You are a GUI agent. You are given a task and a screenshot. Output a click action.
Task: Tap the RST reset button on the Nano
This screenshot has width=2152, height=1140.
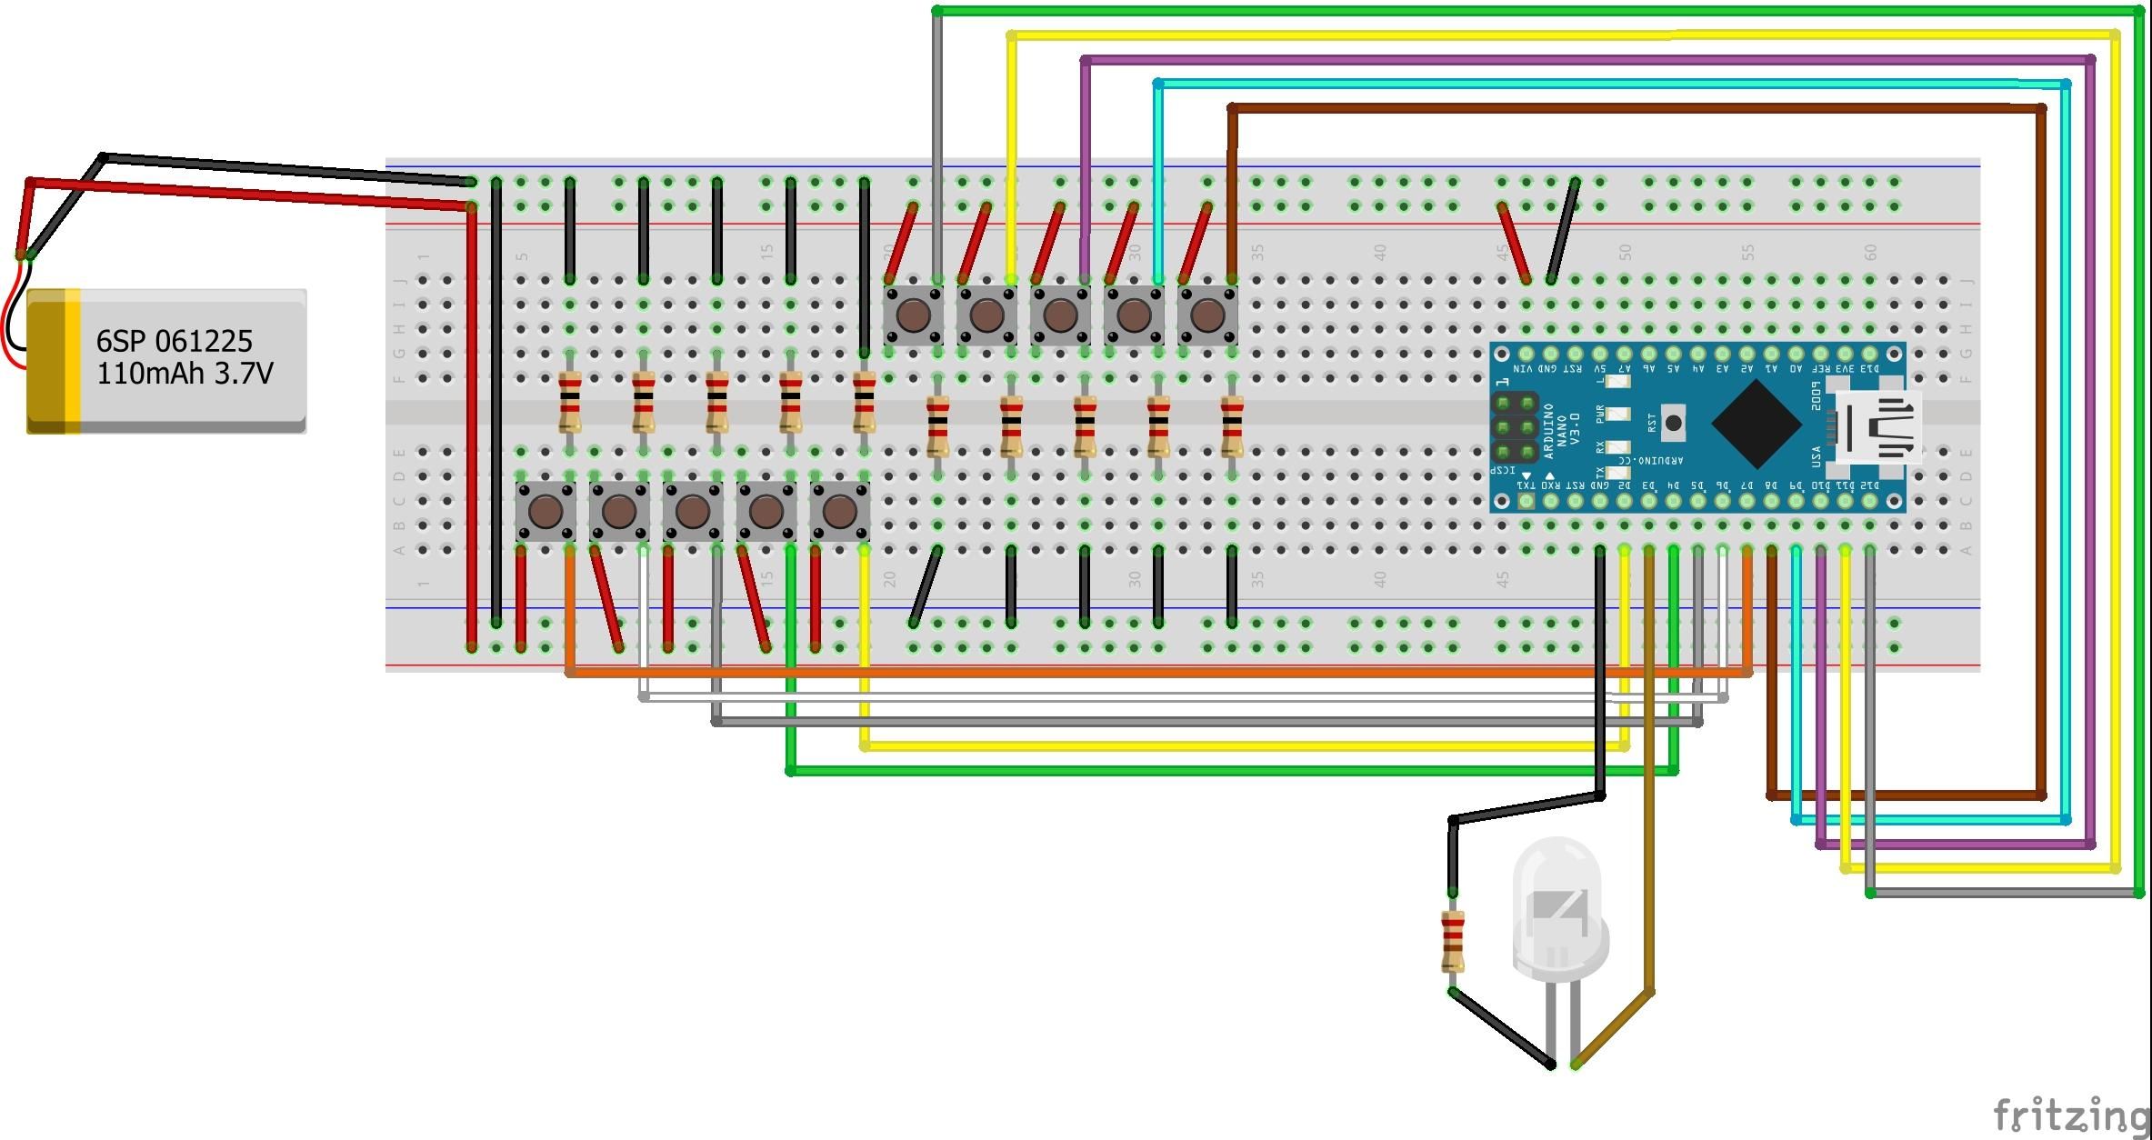tap(1673, 424)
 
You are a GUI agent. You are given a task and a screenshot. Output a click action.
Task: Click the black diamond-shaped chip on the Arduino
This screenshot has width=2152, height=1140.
tap(1756, 425)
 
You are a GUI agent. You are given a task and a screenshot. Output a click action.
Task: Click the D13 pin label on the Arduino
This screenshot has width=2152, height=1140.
tap(1870, 369)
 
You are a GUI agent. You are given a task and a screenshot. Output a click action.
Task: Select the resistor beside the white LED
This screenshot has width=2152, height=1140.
tap(1453, 942)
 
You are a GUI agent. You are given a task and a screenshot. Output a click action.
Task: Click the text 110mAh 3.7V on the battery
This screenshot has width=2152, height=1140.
tap(185, 374)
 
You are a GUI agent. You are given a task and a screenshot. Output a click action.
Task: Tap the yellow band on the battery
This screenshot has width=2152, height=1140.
tap(72, 361)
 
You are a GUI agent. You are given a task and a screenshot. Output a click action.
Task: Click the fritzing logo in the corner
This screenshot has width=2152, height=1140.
tap(2070, 1114)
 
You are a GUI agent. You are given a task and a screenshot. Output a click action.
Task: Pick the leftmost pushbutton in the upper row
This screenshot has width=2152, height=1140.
tap(913, 315)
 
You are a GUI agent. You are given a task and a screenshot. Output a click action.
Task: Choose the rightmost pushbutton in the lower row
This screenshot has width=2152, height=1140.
tap(839, 512)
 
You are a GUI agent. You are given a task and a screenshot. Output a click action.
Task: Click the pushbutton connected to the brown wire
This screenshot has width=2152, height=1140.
tap(1207, 315)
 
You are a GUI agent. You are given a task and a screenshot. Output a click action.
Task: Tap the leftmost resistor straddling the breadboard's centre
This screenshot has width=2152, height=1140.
tap(570, 403)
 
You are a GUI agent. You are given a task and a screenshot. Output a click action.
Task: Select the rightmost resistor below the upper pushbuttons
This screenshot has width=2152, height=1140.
tap(1232, 426)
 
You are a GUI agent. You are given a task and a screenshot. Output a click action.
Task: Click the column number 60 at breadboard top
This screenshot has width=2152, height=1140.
tap(1870, 252)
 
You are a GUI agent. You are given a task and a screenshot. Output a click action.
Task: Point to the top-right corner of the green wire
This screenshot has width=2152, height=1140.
tap(2139, 12)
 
